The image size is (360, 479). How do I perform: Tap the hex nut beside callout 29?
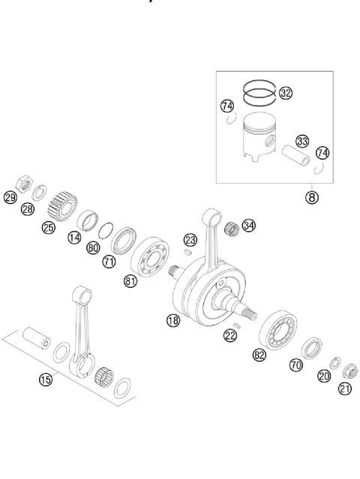pyautogui.click(x=23, y=184)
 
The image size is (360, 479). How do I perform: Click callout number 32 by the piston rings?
pyautogui.click(x=286, y=93)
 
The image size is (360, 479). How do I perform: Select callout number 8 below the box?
pyautogui.click(x=311, y=199)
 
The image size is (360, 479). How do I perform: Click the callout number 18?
pyautogui.click(x=173, y=320)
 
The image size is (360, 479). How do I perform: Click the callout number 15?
pyautogui.click(x=46, y=380)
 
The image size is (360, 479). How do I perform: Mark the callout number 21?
pyautogui.click(x=345, y=388)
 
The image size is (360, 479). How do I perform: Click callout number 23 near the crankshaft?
pyautogui.click(x=190, y=241)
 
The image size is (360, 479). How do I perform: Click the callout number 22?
pyautogui.click(x=229, y=336)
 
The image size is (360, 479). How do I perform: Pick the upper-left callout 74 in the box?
pyautogui.click(x=227, y=106)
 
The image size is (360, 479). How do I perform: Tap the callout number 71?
pyautogui.click(x=109, y=261)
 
